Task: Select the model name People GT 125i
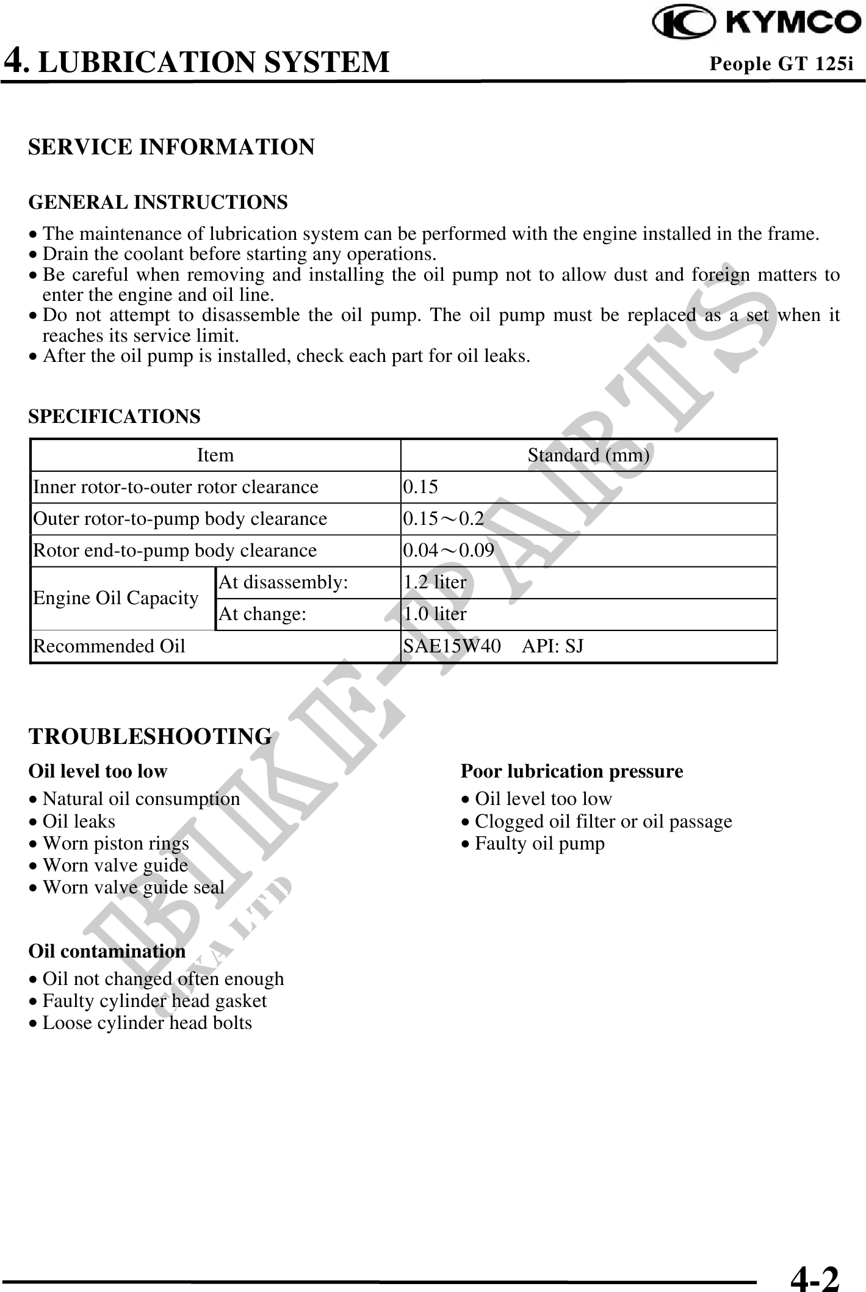(781, 63)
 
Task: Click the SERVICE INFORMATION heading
(171, 147)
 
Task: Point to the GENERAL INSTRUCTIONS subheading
(158, 202)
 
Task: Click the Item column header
(215, 455)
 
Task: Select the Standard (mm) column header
(588, 455)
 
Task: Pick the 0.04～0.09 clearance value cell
(449, 550)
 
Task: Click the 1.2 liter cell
(435, 582)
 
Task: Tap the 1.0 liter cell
(435, 614)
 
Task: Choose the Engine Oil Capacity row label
(116, 598)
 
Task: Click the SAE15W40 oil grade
(452, 646)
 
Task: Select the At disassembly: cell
(283, 582)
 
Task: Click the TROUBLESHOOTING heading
(150, 736)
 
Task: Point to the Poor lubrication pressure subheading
(571, 771)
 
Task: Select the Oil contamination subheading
(107, 951)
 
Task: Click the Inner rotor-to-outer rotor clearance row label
(176, 487)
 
